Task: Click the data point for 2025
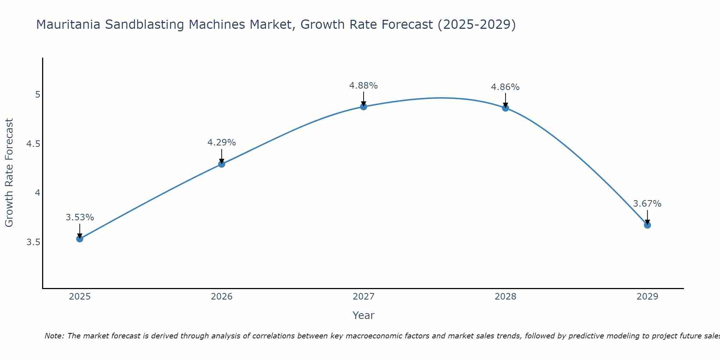click(x=80, y=239)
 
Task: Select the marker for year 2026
click(x=222, y=164)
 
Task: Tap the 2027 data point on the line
click(x=364, y=107)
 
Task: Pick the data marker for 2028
click(x=505, y=108)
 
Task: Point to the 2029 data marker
click(x=647, y=225)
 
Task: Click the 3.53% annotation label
click(x=80, y=217)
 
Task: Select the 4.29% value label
click(x=222, y=143)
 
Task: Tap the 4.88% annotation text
click(x=364, y=86)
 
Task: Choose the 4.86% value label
click(x=505, y=87)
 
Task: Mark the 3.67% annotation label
click(x=647, y=204)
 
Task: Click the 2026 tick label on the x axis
click(x=222, y=297)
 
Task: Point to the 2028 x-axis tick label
click(x=505, y=297)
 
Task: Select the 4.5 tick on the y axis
click(x=33, y=144)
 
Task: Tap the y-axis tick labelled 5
click(x=37, y=95)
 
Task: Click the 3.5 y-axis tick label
click(x=33, y=242)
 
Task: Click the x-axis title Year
click(x=364, y=315)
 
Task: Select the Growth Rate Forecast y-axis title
click(x=9, y=173)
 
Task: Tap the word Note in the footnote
click(x=54, y=336)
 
